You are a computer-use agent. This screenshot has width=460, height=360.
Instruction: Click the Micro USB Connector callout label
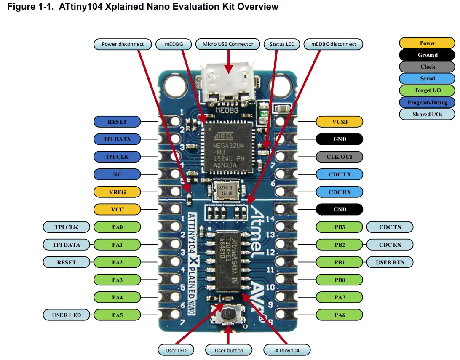coord(228,44)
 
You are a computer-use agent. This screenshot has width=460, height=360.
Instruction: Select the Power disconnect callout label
coord(123,44)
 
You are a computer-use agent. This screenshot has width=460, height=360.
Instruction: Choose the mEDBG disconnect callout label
coord(333,44)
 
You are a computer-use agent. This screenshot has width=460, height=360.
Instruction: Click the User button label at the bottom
coord(228,350)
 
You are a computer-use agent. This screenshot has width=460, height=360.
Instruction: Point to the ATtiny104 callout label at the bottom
coord(287,350)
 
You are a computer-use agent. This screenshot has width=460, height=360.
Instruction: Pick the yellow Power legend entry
coord(427,43)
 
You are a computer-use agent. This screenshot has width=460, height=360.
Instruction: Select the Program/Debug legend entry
coord(427,102)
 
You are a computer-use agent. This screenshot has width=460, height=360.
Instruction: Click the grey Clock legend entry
coord(427,67)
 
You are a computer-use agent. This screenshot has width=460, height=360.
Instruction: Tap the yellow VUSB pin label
coord(339,122)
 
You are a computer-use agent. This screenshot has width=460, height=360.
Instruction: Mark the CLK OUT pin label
coord(339,157)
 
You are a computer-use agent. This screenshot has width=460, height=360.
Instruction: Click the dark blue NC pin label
coord(117,174)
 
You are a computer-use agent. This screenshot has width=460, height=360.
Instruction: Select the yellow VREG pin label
coord(117,192)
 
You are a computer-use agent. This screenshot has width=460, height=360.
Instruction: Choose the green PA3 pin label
coord(117,280)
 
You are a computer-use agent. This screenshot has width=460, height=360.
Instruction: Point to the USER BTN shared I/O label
coord(390,262)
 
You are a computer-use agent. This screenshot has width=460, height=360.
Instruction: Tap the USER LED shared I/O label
coord(66,315)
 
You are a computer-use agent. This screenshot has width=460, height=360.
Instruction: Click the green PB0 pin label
coord(339,280)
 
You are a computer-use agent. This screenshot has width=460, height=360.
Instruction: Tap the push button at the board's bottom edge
coord(228,314)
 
